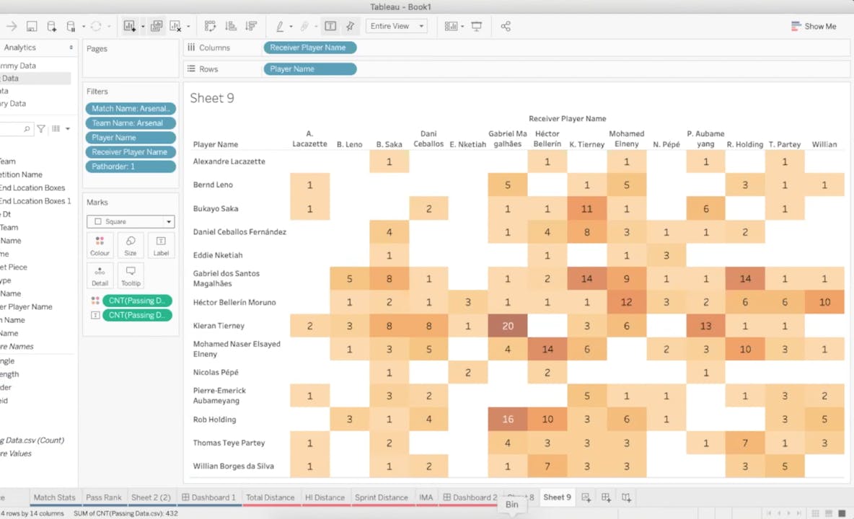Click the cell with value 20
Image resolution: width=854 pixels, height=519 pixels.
(x=508, y=326)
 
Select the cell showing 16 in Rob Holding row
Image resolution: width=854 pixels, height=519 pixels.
(x=508, y=420)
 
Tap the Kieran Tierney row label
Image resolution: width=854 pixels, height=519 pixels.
(x=219, y=326)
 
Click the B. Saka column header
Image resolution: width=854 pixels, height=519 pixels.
(x=389, y=144)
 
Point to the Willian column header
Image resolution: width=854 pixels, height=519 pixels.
(x=824, y=144)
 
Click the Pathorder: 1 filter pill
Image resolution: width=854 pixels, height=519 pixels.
(x=131, y=167)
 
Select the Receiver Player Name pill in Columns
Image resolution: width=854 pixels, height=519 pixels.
(x=309, y=48)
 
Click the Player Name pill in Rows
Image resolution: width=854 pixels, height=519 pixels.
(x=309, y=69)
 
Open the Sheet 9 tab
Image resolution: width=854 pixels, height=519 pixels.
(x=557, y=497)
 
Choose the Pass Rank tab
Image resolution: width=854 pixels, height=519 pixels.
(x=103, y=497)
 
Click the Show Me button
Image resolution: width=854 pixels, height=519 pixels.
(x=814, y=26)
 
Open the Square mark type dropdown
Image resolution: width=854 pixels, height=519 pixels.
(x=131, y=222)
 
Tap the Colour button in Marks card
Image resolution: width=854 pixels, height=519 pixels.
(x=100, y=246)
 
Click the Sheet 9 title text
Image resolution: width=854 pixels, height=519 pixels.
(x=212, y=99)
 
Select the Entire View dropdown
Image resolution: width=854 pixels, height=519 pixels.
(x=397, y=26)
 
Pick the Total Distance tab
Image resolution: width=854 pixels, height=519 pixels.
(x=270, y=497)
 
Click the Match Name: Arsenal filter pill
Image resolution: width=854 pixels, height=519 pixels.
(x=131, y=109)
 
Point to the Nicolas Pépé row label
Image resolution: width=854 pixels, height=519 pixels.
(x=216, y=373)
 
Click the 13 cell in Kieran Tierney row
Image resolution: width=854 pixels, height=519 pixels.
(x=705, y=326)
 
